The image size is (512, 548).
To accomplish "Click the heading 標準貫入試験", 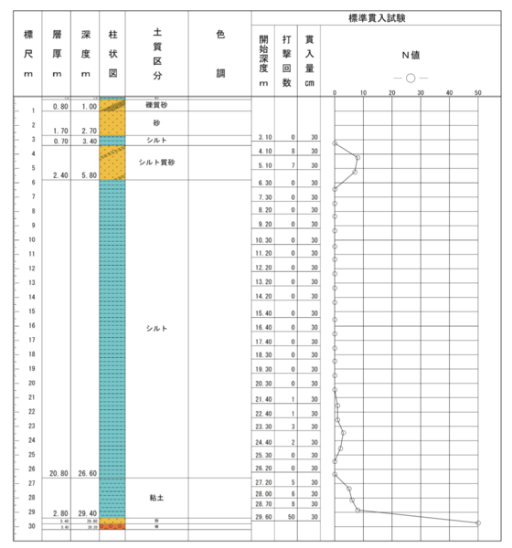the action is [380, 18].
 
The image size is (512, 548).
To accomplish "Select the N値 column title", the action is [408, 55].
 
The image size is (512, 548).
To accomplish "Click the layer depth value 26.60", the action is [88, 474].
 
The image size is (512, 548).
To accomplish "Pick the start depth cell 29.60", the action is [262, 517].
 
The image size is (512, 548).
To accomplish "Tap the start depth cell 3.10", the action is [262, 137].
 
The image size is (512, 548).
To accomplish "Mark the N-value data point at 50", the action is [478, 522].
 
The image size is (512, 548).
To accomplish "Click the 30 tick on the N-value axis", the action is [421, 93].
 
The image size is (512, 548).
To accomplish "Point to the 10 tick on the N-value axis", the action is [364, 93].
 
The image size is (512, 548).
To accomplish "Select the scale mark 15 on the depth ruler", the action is [31, 311].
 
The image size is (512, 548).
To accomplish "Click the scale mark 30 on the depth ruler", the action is [31, 527].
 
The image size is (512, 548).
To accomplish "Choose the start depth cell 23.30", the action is [262, 427].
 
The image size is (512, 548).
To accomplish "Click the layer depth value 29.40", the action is [88, 514].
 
